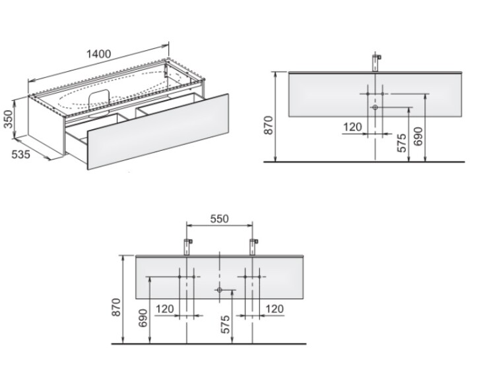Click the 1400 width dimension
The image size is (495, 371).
tap(99, 54)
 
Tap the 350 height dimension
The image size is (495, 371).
tap(9, 119)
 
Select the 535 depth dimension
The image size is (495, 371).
tap(21, 154)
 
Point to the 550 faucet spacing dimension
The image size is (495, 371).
tap(219, 218)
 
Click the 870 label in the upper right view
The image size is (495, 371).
tap(269, 125)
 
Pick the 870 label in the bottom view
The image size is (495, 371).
tap(116, 307)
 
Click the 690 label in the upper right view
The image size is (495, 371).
tap(418, 136)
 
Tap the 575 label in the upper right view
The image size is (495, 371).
tap(401, 143)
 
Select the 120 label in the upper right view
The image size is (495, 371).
tap(352, 127)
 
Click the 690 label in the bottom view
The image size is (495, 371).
tap(143, 318)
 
